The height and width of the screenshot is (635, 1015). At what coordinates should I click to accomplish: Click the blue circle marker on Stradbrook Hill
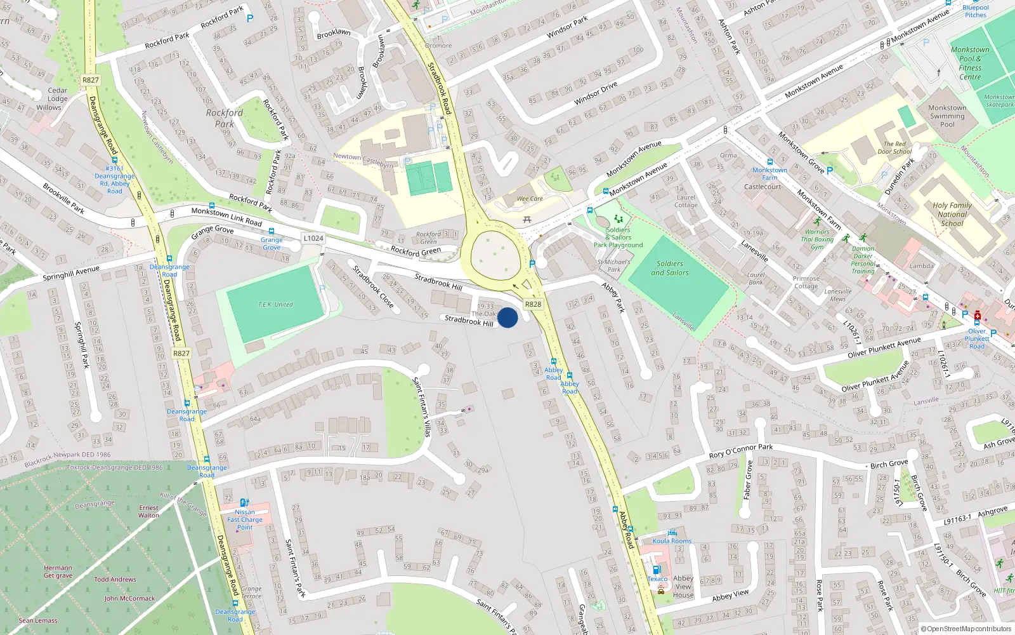(x=507, y=317)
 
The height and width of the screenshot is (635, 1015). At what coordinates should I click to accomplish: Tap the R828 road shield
(x=533, y=304)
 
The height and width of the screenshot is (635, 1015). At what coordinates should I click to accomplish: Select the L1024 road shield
(x=313, y=238)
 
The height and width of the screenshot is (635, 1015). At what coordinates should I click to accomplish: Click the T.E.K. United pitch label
(x=275, y=305)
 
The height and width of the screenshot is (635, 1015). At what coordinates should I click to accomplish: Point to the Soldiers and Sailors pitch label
(x=670, y=268)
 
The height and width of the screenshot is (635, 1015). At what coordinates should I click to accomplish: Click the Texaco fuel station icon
(x=657, y=570)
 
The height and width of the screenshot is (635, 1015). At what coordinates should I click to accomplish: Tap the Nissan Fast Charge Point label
(x=245, y=519)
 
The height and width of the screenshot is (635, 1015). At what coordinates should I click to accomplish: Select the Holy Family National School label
(x=952, y=214)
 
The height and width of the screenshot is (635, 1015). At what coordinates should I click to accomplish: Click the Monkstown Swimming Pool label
(x=947, y=116)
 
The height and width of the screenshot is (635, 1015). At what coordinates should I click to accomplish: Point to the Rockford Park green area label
(x=225, y=118)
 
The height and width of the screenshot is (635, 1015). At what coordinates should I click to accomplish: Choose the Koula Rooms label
(x=672, y=541)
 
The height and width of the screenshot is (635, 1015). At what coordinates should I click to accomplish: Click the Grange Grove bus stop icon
(x=272, y=232)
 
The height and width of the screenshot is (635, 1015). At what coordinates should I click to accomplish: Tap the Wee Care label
(x=530, y=199)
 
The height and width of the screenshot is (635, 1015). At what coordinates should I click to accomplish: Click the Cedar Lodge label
(x=57, y=95)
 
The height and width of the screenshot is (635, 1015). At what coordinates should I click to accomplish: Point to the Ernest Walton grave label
(x=149, y=511)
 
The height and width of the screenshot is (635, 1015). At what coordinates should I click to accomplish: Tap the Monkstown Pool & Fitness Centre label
(x=970, y=63)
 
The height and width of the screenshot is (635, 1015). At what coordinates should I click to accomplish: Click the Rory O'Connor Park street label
(x=740, y=451)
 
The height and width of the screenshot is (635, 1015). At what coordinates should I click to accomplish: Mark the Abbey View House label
(x=683, y=586)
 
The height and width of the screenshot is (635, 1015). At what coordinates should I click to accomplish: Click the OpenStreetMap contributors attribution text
(x=966, y=629)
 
